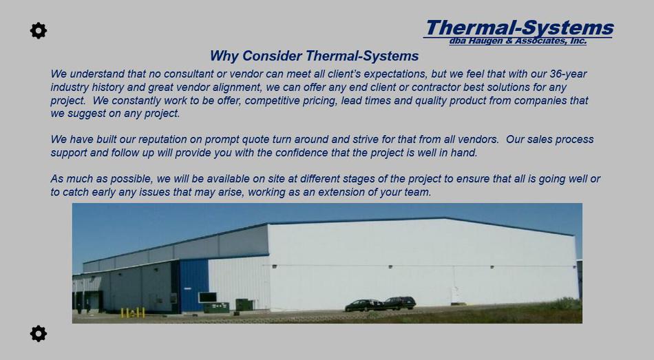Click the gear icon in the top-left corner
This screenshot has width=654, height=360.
(x=39, y=31)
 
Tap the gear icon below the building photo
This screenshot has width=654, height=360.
(x=39, y=334)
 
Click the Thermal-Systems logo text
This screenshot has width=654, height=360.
(x=519, y=28)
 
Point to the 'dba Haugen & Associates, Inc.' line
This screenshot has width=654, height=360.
(x=518, y=41)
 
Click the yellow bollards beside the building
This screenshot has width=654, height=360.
(x=133, y=313)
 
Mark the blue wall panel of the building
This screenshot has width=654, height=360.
(x=194, y=286)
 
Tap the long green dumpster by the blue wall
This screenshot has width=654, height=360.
(x=216, y=308)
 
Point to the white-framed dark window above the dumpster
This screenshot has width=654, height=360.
(x=207, y=297)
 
